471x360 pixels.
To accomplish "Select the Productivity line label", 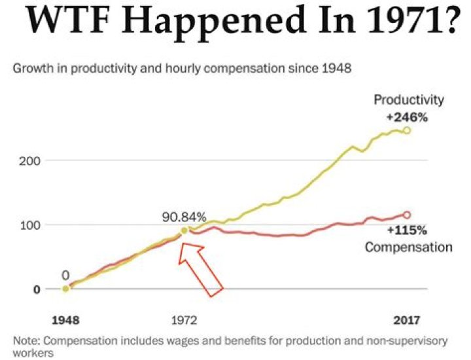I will click(409, 100).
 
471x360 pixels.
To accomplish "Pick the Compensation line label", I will click(409, 247).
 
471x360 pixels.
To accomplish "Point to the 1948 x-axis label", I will click(66, 321).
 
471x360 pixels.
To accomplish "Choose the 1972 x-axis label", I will click(184, 321).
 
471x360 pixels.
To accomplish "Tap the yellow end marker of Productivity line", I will click(407, 130).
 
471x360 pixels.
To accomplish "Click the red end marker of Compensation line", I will click(407, 215).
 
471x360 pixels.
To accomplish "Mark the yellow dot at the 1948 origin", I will click(66, 289).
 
